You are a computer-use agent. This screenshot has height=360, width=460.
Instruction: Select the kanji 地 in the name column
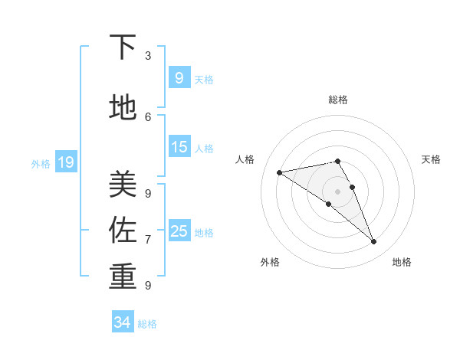122,108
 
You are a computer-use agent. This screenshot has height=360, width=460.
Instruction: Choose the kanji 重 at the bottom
122,277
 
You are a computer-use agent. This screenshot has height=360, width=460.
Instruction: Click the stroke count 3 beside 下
148,56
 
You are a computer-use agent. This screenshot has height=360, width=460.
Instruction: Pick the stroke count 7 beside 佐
148,239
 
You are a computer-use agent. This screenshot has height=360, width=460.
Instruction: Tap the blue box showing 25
179,231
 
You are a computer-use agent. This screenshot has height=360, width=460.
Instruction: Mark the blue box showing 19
65,162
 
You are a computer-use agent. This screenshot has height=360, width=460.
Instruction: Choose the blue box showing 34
122,322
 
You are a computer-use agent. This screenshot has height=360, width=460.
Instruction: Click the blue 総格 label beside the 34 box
147,324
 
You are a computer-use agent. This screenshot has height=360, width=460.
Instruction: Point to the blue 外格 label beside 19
41,163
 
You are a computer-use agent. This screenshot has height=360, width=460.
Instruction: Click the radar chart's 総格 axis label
338,100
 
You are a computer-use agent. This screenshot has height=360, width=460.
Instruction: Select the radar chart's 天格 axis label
431,159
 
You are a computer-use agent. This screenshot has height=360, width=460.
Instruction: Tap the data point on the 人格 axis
279,172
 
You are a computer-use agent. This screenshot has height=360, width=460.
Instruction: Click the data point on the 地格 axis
374,241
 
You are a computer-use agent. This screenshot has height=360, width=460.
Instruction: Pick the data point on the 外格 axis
328,204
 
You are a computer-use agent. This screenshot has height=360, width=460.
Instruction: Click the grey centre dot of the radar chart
338,190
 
